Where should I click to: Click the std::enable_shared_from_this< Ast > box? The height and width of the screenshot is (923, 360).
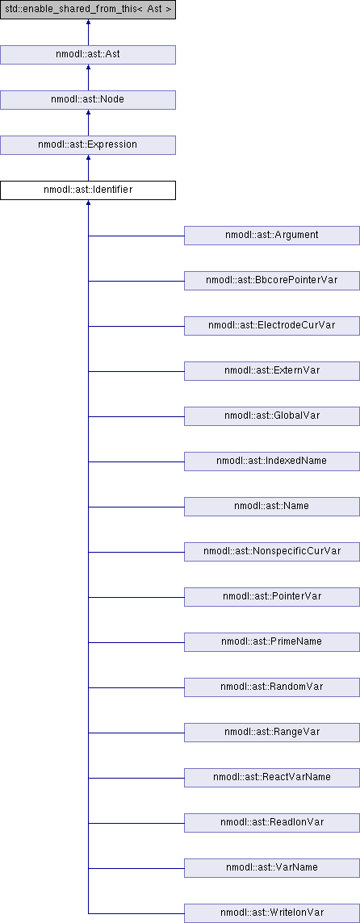click(88, 10)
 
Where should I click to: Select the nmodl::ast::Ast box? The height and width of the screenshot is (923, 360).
click(88, 55)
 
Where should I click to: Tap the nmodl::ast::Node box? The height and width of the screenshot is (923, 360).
click(88, 99)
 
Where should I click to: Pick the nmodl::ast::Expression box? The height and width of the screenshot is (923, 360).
click(88, 144)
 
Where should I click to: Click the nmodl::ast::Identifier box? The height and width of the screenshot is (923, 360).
click(88, 190)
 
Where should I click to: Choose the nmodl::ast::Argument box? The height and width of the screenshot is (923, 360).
click(272, 236)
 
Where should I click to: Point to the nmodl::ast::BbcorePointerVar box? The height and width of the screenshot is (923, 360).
click(272, 281)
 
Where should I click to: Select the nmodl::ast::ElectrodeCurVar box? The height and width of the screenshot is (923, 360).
click(272, 325)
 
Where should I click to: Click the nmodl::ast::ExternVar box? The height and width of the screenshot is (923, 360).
click(272, 371)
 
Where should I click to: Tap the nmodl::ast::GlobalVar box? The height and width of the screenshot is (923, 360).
click(272, 416)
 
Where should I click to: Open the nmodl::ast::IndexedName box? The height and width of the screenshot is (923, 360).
click(272, 461)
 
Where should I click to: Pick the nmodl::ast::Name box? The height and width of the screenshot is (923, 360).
click(272, 507)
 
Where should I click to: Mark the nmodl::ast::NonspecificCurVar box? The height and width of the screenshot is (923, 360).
click(272, 552)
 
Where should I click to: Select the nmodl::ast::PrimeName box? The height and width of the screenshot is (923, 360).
click(272, 642)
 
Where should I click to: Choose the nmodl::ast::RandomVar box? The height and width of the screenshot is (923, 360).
click(272, 687)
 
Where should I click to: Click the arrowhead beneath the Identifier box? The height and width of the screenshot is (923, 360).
click(88, 203)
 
